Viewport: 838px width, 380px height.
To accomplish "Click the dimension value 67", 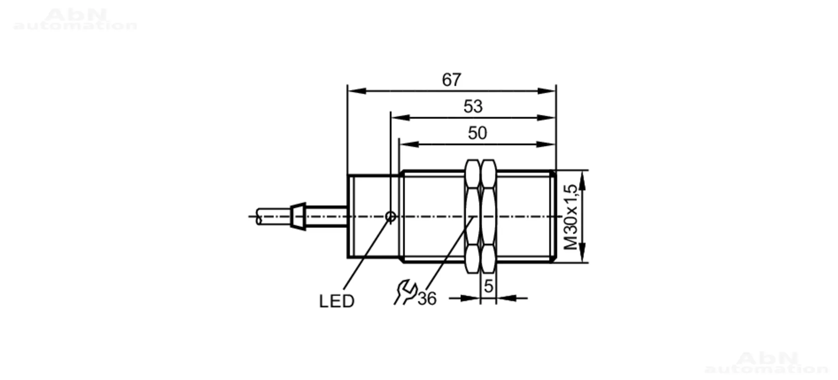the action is [x=451, y=80].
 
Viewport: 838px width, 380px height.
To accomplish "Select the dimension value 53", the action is [x=473, y=106].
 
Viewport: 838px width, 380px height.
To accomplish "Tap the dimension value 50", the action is [x=477, y=133].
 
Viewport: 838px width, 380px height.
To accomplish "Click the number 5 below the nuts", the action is [x=488, y=287].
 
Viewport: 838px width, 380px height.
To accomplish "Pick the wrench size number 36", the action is [x=427, y=299].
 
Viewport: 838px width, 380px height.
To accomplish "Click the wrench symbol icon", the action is [x=405, y=292].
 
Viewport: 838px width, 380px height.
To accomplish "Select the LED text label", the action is [x=336, y=301].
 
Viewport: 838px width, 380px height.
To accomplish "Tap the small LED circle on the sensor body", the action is [x=391, y=217].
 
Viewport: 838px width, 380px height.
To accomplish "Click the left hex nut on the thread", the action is [x=473, y=217].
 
